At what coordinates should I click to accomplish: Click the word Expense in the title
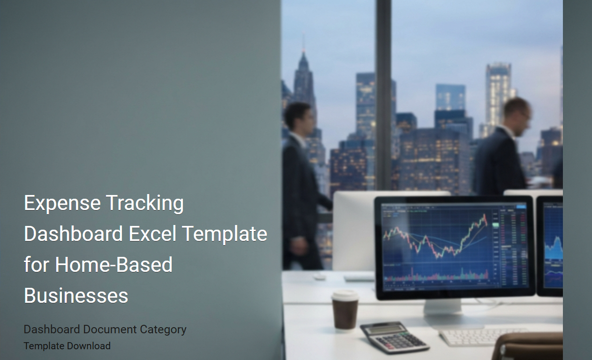click(62, 203)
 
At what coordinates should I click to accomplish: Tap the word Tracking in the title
click(145, 203)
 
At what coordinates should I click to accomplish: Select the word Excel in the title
click(153, 233)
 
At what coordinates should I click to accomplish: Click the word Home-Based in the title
click(114, 264)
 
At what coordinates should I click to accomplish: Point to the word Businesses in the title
click(76, 295)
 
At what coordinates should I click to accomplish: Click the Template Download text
click(67, 346)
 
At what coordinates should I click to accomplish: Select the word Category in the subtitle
click(159, 329)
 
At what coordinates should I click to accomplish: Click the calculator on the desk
click(394, 337)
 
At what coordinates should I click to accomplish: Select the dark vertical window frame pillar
click(383, 94)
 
